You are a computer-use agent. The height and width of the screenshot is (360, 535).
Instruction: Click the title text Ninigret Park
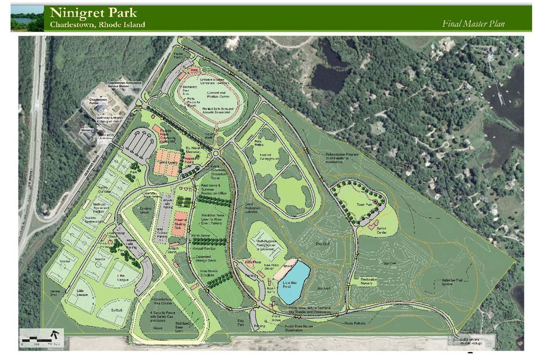tap(93, 12)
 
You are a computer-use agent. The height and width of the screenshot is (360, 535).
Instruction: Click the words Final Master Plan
tap(474, 23)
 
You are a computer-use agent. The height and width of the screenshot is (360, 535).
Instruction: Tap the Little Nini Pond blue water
tap(294, 282)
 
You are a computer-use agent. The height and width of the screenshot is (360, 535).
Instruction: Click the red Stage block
tap(195, 71)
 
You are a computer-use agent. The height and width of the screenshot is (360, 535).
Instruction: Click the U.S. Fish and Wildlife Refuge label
tap(472, 341)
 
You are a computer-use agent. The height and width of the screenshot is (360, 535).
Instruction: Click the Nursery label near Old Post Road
tap(89, 131)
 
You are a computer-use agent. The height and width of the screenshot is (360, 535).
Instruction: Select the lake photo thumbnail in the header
tap(27, 18)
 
